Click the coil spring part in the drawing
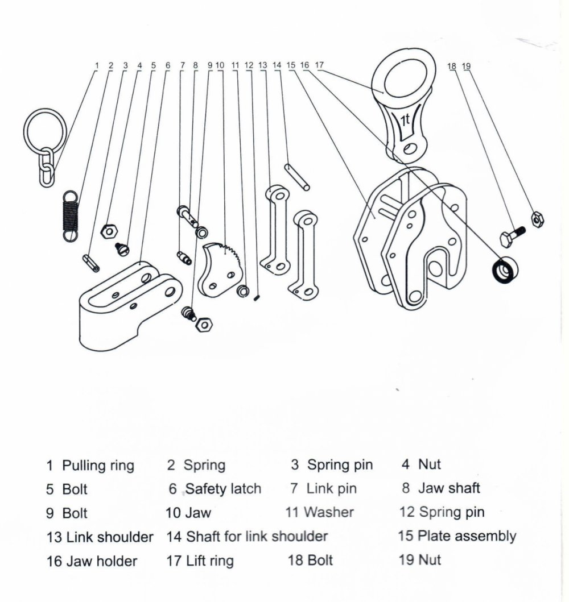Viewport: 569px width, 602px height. click(x=69, y=215)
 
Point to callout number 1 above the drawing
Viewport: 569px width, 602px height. click(x=97, y=65)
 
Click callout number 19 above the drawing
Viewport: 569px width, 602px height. click(x=467, y=66)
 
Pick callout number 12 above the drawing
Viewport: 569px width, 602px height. click(x=249, y=65)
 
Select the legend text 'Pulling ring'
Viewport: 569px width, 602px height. click(x=98, y=466)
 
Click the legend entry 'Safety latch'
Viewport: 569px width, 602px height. click(x=223, y=488)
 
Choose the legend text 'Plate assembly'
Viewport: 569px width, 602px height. click(x=467, y=535)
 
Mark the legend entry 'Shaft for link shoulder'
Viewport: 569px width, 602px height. click(x=257, y=536)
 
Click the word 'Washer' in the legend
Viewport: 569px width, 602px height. click(x=328, y=512)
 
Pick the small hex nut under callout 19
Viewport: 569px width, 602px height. click(x=536, y=218)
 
